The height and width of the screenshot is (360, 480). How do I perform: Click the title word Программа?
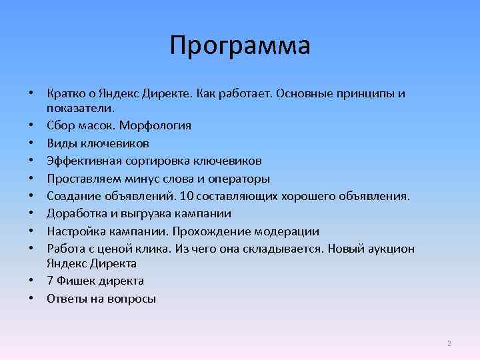(239, 46)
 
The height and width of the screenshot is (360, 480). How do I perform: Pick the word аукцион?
(391, 249)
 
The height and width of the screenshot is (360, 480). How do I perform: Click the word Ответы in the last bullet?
(65, 299)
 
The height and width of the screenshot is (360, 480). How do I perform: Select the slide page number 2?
(449, 343)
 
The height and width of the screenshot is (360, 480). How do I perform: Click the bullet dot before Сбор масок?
(31, 125)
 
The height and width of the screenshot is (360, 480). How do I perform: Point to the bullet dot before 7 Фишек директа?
(31, 281)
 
